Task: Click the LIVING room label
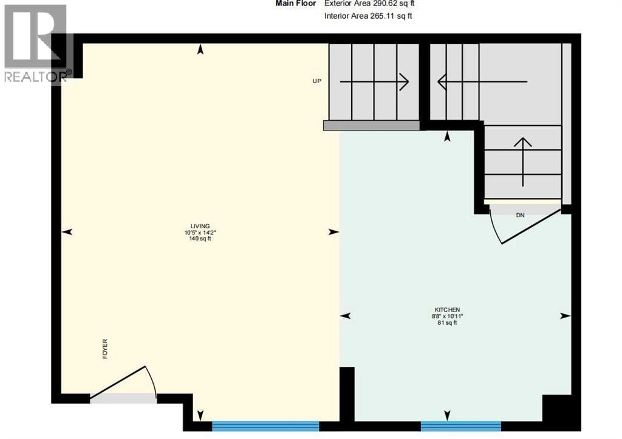tap(200, 226)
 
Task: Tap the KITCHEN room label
tap(446, 310)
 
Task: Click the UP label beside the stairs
tap(317, 81)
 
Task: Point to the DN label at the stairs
tap(521, 215)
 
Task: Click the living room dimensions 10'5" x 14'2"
tap(200, 233)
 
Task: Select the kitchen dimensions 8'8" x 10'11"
tap(447, 316)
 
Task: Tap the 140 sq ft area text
tap(200, 239)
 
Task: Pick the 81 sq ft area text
tap(447, 323)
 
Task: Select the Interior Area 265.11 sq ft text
tap(369, 16)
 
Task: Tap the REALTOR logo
tap(36, 43)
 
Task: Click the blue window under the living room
tap(265, 426)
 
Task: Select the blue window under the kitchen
tap(460, 426)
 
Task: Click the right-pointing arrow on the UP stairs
tap(374, 81)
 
